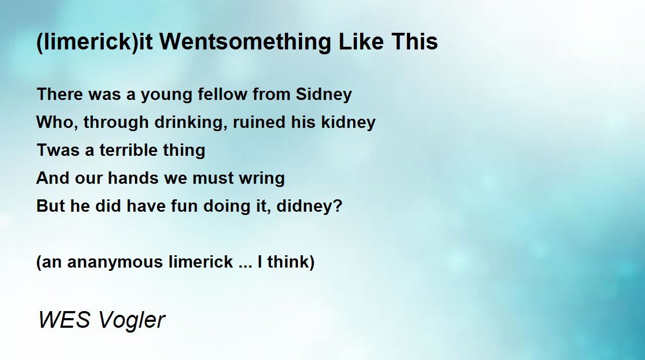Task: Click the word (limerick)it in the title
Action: (95, 42)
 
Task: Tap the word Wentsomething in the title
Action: (245, 42)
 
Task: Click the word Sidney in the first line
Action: (324, 95)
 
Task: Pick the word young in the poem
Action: (167, 96)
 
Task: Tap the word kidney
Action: (348, 123)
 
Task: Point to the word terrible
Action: (128, 150)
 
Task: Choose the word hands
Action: (133, 178)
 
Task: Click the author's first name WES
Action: (64, 319)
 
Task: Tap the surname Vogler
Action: (132, 321)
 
